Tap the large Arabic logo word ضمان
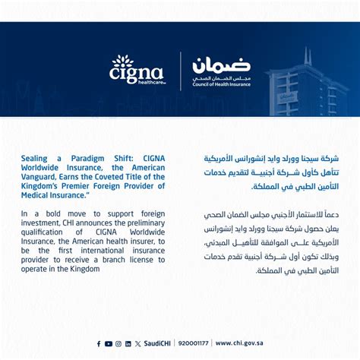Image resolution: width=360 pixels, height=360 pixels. pos(221,65)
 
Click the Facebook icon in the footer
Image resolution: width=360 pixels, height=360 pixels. pos(99,344)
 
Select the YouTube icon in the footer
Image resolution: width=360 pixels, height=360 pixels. pos(109,344)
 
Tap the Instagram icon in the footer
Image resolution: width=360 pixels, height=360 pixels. pos(118,344)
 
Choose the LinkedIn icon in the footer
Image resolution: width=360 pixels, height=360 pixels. pos(128,344)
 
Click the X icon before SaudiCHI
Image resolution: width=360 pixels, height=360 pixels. pos(137,344)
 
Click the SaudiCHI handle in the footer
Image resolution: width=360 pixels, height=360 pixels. pos(158,344)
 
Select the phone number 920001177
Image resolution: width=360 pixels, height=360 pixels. pos(193,344)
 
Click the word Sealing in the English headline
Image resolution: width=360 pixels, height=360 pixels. pos(36,158)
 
